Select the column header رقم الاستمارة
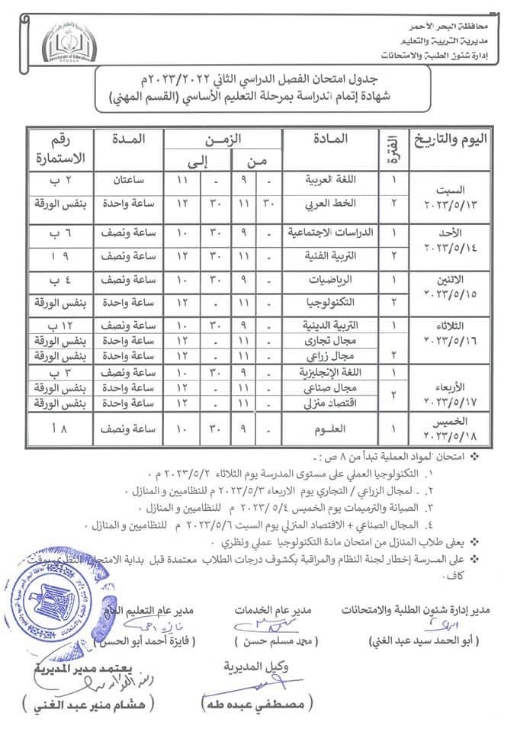pos(59,149)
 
